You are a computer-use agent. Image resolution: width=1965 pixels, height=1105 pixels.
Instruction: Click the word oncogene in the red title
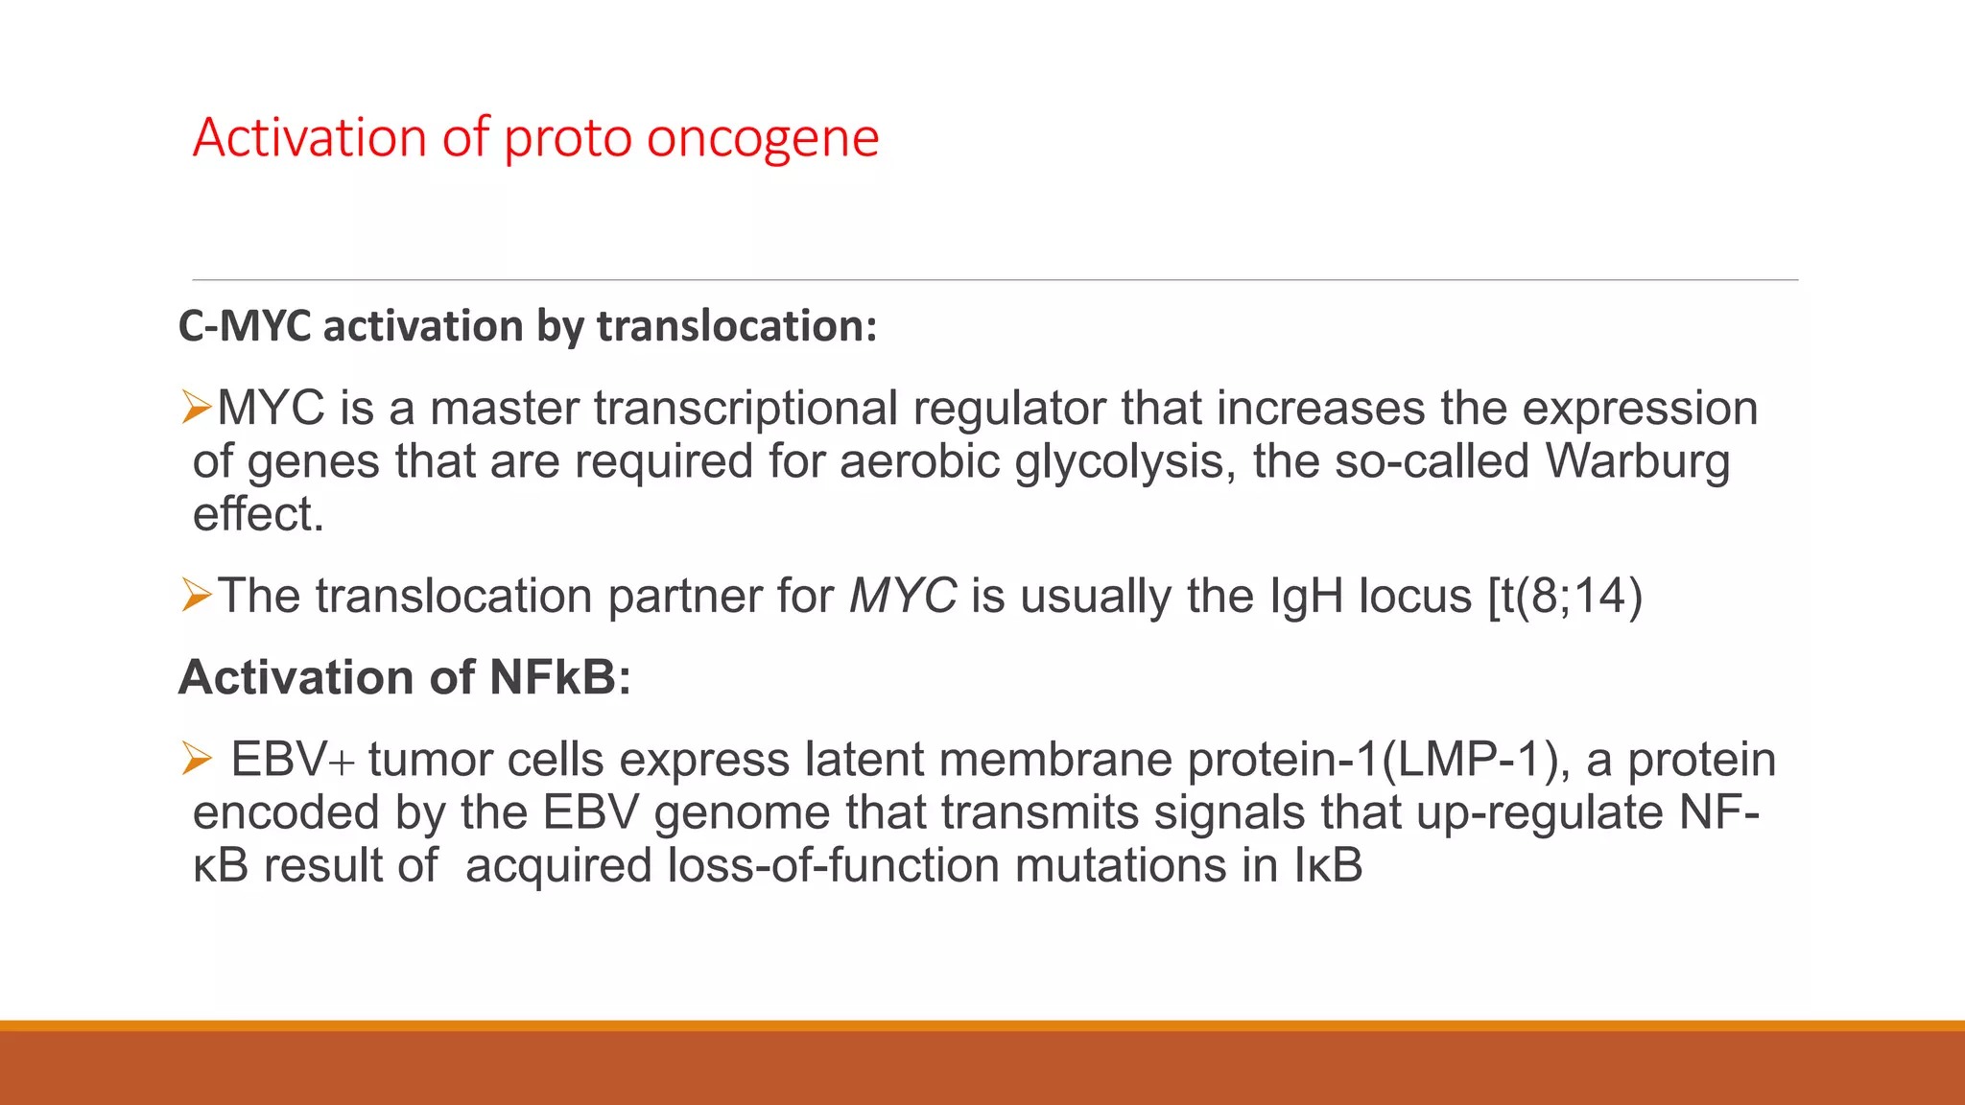(x=763, y=138)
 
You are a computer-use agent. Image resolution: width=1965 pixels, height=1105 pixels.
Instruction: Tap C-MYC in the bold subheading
(x=245, y=326)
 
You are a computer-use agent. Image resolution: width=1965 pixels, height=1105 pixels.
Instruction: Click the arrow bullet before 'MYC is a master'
(x=197, y=408)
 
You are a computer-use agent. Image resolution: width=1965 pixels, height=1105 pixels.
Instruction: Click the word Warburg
(x=1637, y=461)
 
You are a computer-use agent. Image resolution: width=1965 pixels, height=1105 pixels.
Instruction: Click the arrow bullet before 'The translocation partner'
(x=197, y=596)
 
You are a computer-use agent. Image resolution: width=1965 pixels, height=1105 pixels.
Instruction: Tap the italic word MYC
(x=903, y=596)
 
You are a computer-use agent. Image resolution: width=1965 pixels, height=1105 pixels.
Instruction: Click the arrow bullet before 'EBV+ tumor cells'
(x=197, y=760)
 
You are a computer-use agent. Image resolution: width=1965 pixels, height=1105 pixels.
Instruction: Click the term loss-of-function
(x=834, y=865)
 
